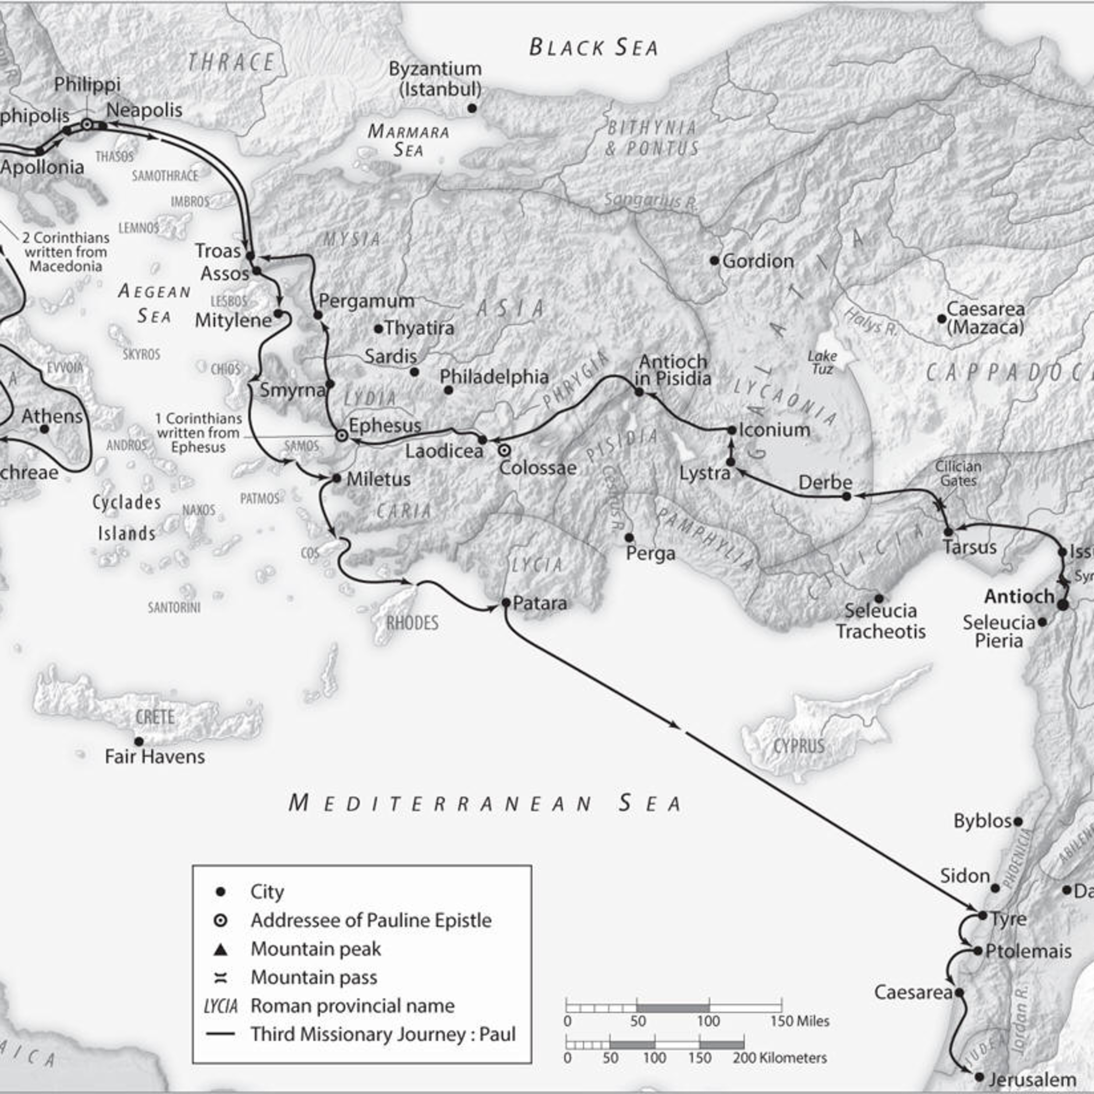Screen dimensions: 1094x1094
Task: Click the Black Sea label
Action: [x=593, y=47]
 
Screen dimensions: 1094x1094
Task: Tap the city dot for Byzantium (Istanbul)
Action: [x=472, y=108]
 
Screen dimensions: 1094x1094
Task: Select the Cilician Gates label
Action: [x=958, y=473]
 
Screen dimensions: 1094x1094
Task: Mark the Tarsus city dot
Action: [x=948, y=532]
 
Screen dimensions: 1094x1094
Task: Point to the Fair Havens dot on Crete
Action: [x=139, y=741]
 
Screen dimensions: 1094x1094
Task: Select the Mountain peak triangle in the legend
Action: [x=221, y=948]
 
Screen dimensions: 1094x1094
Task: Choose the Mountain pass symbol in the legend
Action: [x=221, y=977]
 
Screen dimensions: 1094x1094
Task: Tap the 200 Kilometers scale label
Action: [x=780, y=1058]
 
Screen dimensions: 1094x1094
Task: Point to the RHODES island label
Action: [x=412, y=623]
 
